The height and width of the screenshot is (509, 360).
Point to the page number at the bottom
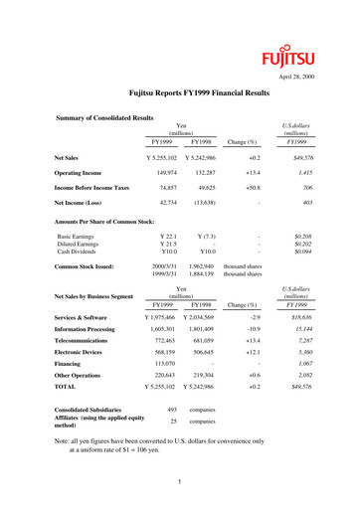coord(175,481)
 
